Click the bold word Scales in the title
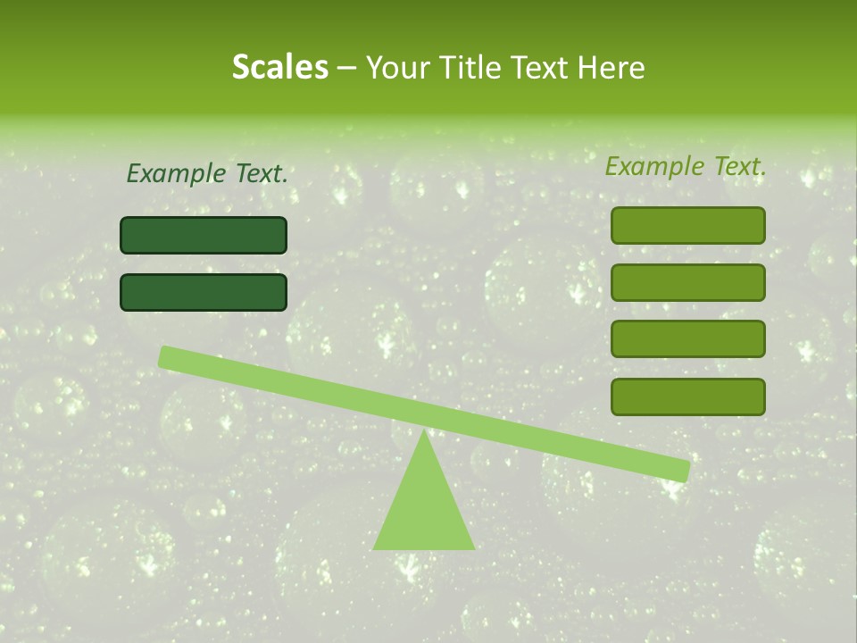tap(279, 68)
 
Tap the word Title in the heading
tap(471, 68)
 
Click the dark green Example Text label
tap(207, 174)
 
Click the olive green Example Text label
tap(686, 166)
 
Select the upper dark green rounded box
tap(204, 235)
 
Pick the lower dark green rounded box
tap(204, 292)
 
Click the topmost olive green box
tap(687, 225)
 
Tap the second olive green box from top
tap(687, 282)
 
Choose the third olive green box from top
tap(687, 338)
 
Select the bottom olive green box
tap(687, 397)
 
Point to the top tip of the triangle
tap(424, 432)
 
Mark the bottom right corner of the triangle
tap(473, 547)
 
